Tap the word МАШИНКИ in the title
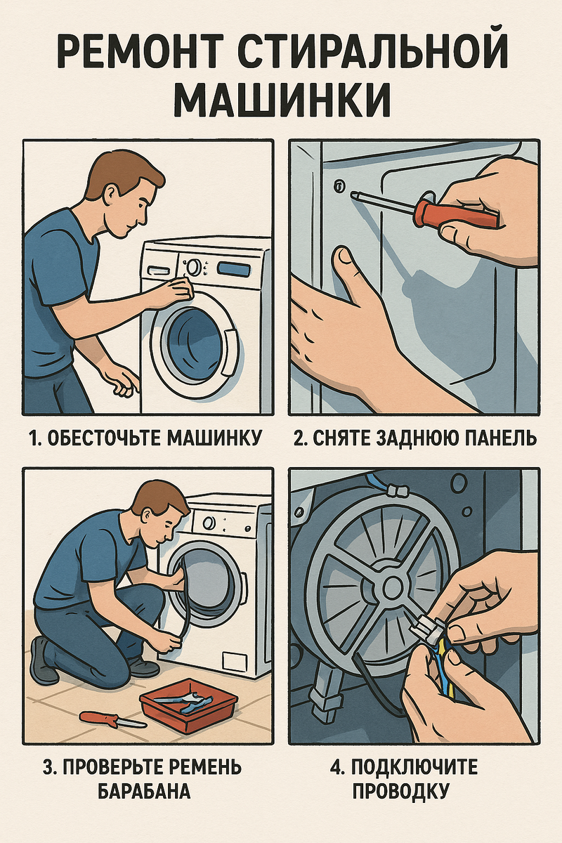(282, 98)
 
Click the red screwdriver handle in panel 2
(455, 214)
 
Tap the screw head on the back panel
(339, 185)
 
